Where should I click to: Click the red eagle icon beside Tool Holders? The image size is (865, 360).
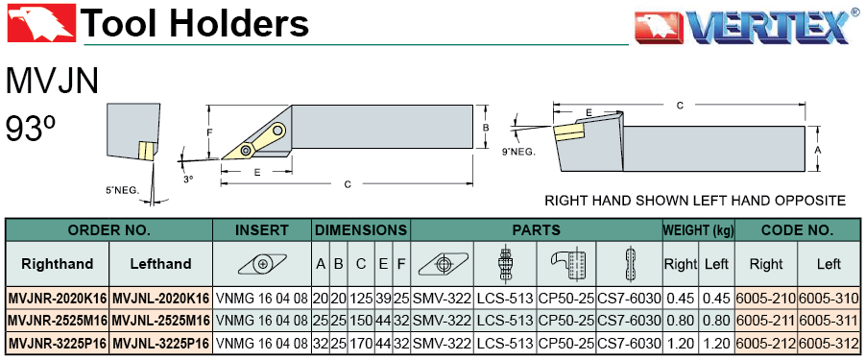[39, 22]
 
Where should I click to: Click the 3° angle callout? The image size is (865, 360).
[189, 179]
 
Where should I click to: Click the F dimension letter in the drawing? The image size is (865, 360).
[208, 132]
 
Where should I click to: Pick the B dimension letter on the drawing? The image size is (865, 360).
[486, 128]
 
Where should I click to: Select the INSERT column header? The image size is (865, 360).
[262, 229]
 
